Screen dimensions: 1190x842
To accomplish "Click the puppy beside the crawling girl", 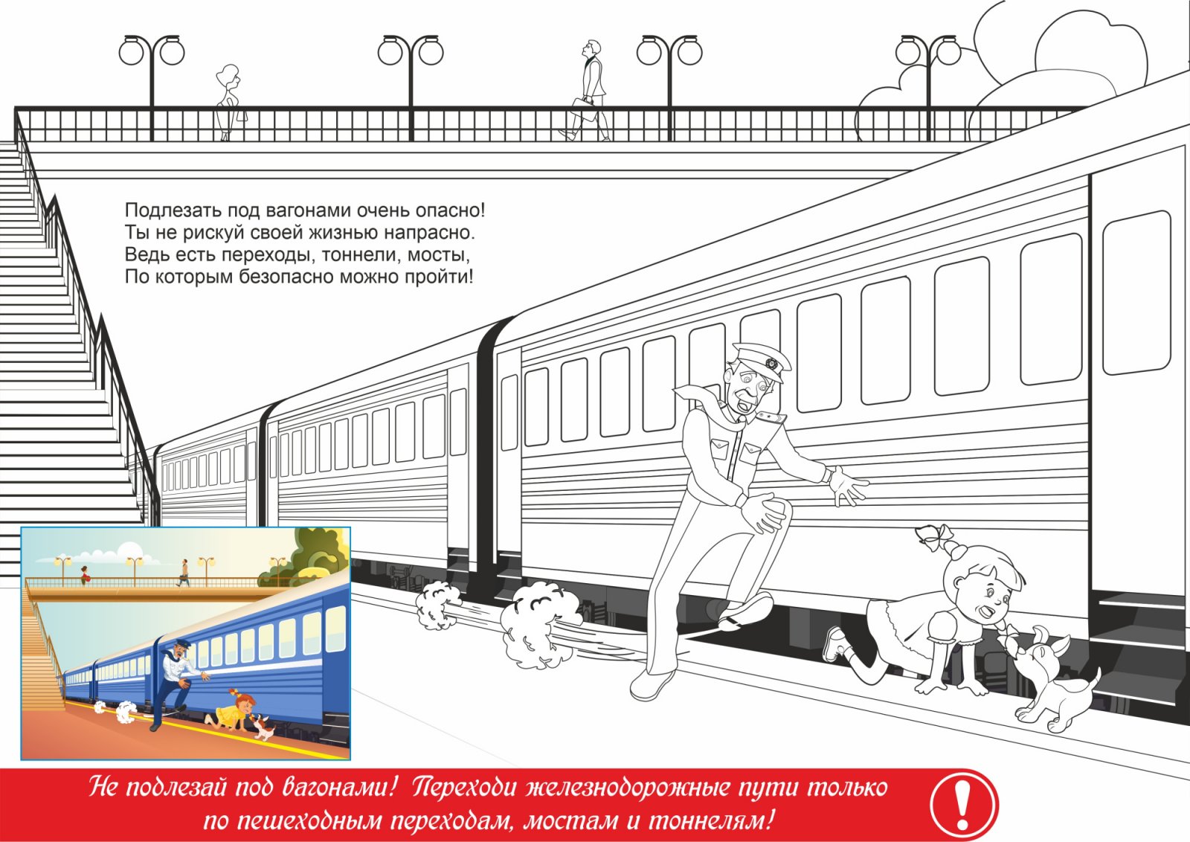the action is tap(1055, 683).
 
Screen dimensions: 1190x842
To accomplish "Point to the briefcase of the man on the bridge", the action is tap(585, 109).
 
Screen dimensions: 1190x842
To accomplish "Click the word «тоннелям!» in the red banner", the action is tap(710, 820).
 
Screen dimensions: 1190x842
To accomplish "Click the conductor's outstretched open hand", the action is tap(848, 484).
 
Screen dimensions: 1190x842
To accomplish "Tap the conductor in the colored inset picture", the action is tap(178, 685).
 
